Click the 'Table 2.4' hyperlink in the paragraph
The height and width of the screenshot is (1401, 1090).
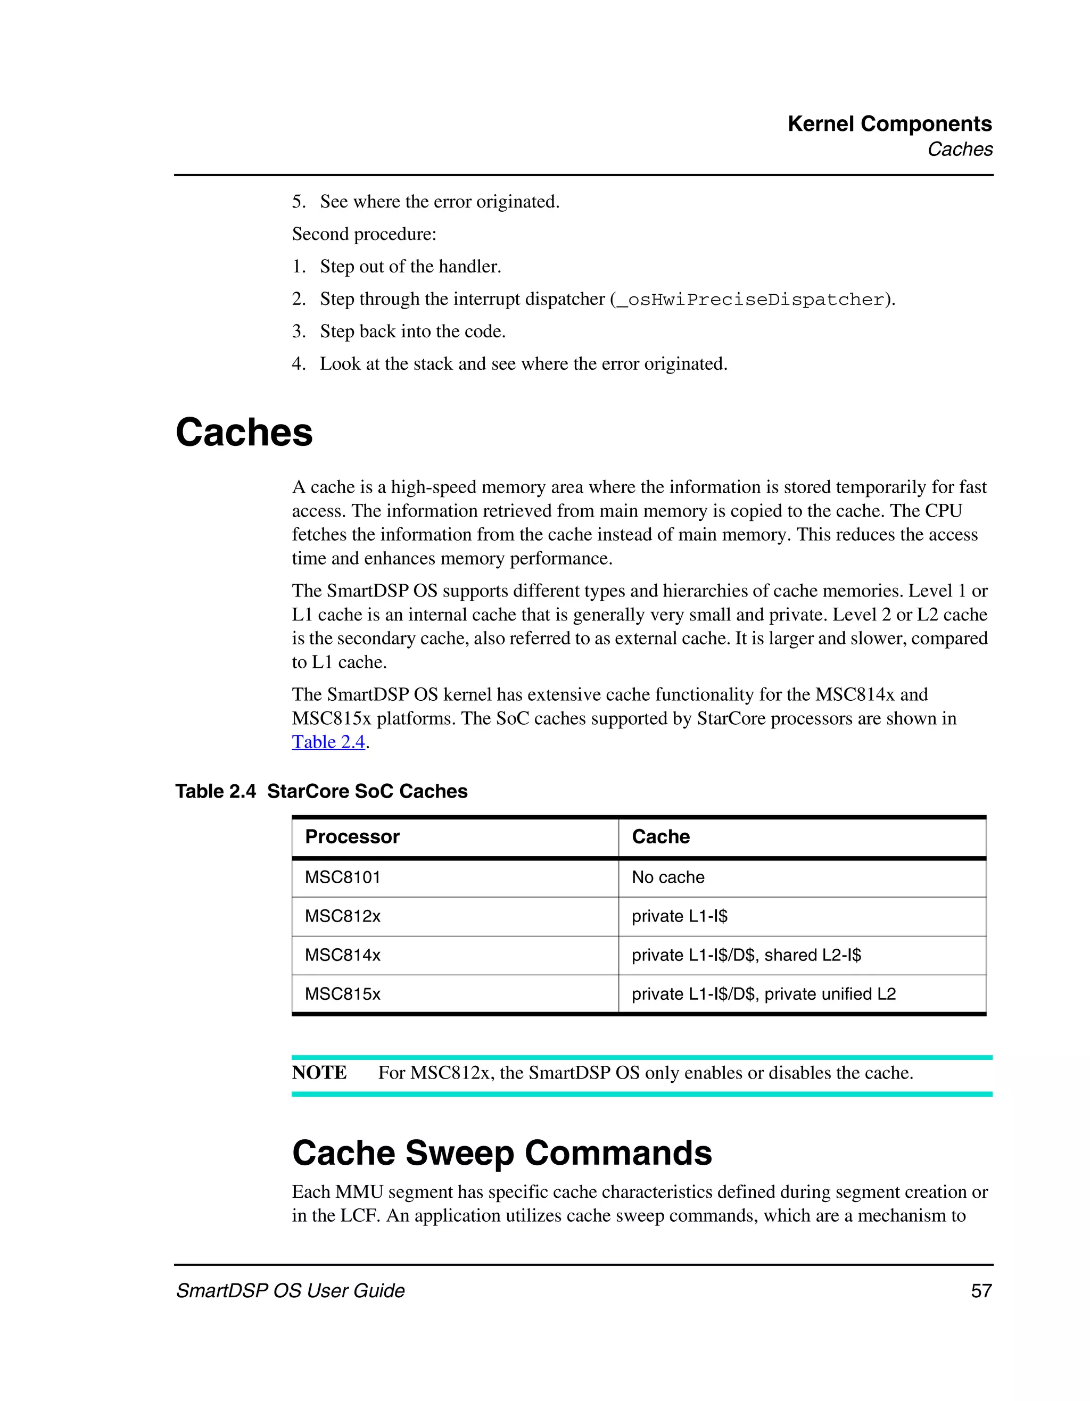pos(328,742)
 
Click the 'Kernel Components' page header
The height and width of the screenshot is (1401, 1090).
pos(889,124)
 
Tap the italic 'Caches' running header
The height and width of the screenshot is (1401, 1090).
pos(960,150)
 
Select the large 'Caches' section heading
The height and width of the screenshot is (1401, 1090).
pos(244,433)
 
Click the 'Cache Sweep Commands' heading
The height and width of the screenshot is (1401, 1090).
pos(502,1153)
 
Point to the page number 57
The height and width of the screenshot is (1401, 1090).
pos(981,1291)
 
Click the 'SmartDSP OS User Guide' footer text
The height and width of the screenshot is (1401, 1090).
pos(291,1291)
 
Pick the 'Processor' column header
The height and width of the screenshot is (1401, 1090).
pos(352,836)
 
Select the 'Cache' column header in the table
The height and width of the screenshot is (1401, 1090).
pos(661,836)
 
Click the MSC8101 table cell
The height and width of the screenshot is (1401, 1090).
pos(343,877)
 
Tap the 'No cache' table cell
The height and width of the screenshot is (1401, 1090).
pos(668,877)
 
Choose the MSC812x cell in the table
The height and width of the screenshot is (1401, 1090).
pos(343,916)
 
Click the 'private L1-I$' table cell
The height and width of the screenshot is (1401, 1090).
pos(680,916)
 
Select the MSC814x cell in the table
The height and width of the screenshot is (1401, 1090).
pos(343,955)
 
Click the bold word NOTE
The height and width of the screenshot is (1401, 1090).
pos(319,1073)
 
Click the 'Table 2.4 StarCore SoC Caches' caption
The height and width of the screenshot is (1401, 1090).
pos(321,791)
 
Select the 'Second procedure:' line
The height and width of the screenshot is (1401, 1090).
pos(364,234)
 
